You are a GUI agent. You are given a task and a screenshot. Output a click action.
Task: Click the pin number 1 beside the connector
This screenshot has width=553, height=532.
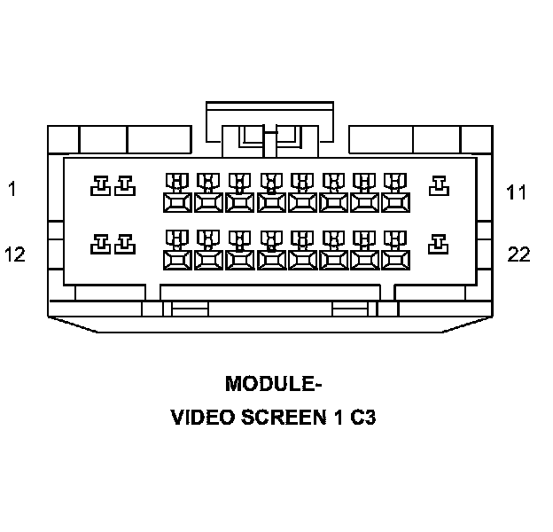pos(12,189)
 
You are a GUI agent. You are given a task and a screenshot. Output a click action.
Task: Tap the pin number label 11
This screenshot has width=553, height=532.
pos(517,192)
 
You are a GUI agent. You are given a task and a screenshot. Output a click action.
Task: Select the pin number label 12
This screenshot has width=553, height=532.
pos(14,254)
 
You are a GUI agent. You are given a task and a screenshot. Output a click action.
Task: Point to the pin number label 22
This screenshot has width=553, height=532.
pos(518,255)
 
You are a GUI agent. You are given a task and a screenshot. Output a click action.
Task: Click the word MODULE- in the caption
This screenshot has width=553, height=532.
pos(273,385)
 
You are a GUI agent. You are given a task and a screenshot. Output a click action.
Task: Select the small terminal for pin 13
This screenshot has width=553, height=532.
pos(124,243)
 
